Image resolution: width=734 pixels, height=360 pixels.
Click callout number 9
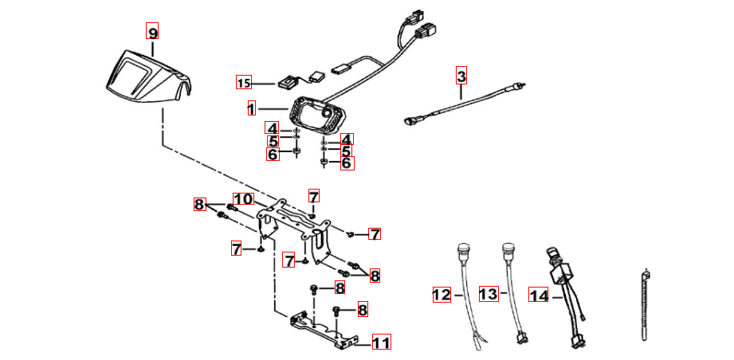pos(152,32)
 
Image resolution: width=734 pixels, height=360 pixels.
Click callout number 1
pos(251,108)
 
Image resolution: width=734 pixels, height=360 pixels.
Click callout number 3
pos(461,76)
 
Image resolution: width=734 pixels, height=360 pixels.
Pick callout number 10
pos(242,199)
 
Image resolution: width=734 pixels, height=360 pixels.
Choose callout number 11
pos(381,343)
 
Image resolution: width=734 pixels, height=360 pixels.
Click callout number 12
pos(442,295)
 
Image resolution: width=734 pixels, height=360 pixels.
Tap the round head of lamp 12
pos(461,249)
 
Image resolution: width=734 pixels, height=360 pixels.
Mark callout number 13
pos(489,295)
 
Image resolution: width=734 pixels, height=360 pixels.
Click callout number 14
pos(539,295)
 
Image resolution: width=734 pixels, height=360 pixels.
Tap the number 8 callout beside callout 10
pos(199,205)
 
